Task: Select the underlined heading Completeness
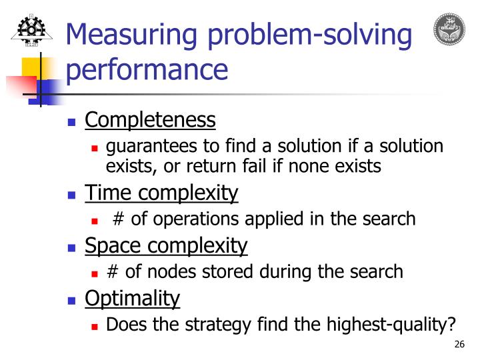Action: coord(150,120)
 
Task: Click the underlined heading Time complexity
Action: coord(161,193)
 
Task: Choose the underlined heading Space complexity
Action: coord(166,246)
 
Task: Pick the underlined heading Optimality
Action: coord(132,299)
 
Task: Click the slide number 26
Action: coord(458,345)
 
